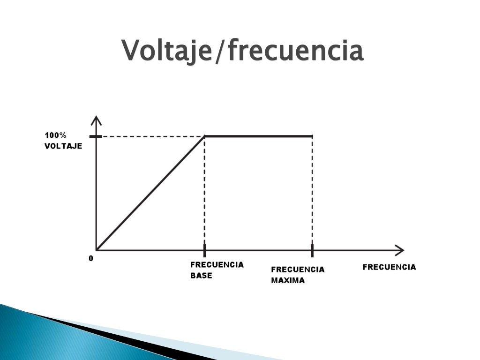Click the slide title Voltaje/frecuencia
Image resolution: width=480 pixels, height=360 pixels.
tap(242, 51)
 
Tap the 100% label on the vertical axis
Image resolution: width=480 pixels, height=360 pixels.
tap(55, 135)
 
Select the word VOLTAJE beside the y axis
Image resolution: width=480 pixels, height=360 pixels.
tap(63, 146)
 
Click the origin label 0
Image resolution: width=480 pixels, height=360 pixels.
tap(91, 258)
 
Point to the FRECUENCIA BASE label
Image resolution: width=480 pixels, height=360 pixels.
tap(217, 270)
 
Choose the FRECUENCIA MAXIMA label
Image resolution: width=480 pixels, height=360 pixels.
tap(298, 275)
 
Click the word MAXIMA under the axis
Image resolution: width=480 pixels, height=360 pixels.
tap(288, 280)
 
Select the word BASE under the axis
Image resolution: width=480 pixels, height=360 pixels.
tap(201, 276)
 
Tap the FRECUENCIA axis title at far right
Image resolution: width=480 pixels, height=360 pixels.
tap(389, 267)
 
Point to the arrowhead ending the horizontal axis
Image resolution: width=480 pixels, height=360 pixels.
tap(399, 249)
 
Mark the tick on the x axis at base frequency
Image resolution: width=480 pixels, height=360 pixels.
tap(204, 250)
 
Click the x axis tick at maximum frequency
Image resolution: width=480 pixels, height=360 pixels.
tap(312, 250)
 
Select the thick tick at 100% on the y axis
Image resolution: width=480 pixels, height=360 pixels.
tap(96, 136)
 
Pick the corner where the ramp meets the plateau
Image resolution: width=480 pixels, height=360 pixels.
tap(205, 136)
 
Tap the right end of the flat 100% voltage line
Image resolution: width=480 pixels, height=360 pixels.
tap(312, 136)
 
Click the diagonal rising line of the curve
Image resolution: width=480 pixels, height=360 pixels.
tap(150, 193)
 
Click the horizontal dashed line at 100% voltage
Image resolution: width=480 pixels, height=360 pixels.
tap(150, 136)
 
